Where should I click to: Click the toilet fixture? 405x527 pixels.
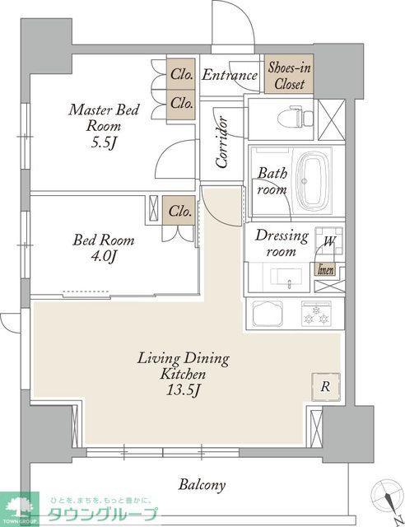[295, 116]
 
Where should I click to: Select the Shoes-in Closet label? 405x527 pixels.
[289, 76]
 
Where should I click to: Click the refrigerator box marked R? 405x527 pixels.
[325, 387]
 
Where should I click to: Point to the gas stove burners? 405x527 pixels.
[316, 314]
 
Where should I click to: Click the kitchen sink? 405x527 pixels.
[268, 313]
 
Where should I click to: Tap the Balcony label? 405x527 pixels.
[202, 485]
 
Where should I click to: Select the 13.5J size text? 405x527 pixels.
[184, 389]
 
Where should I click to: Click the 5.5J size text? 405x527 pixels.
[104, 143]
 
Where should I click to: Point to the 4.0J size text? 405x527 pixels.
[104, 257]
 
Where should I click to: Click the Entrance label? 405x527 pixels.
[230, 75]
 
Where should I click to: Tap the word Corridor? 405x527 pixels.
[222, 142]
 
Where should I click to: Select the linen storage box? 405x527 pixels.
[326, 269]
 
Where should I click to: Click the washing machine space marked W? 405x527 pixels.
[329, 240]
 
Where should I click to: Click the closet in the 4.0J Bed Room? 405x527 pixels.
[179, 211]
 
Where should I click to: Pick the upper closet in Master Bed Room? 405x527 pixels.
[181, 74]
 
